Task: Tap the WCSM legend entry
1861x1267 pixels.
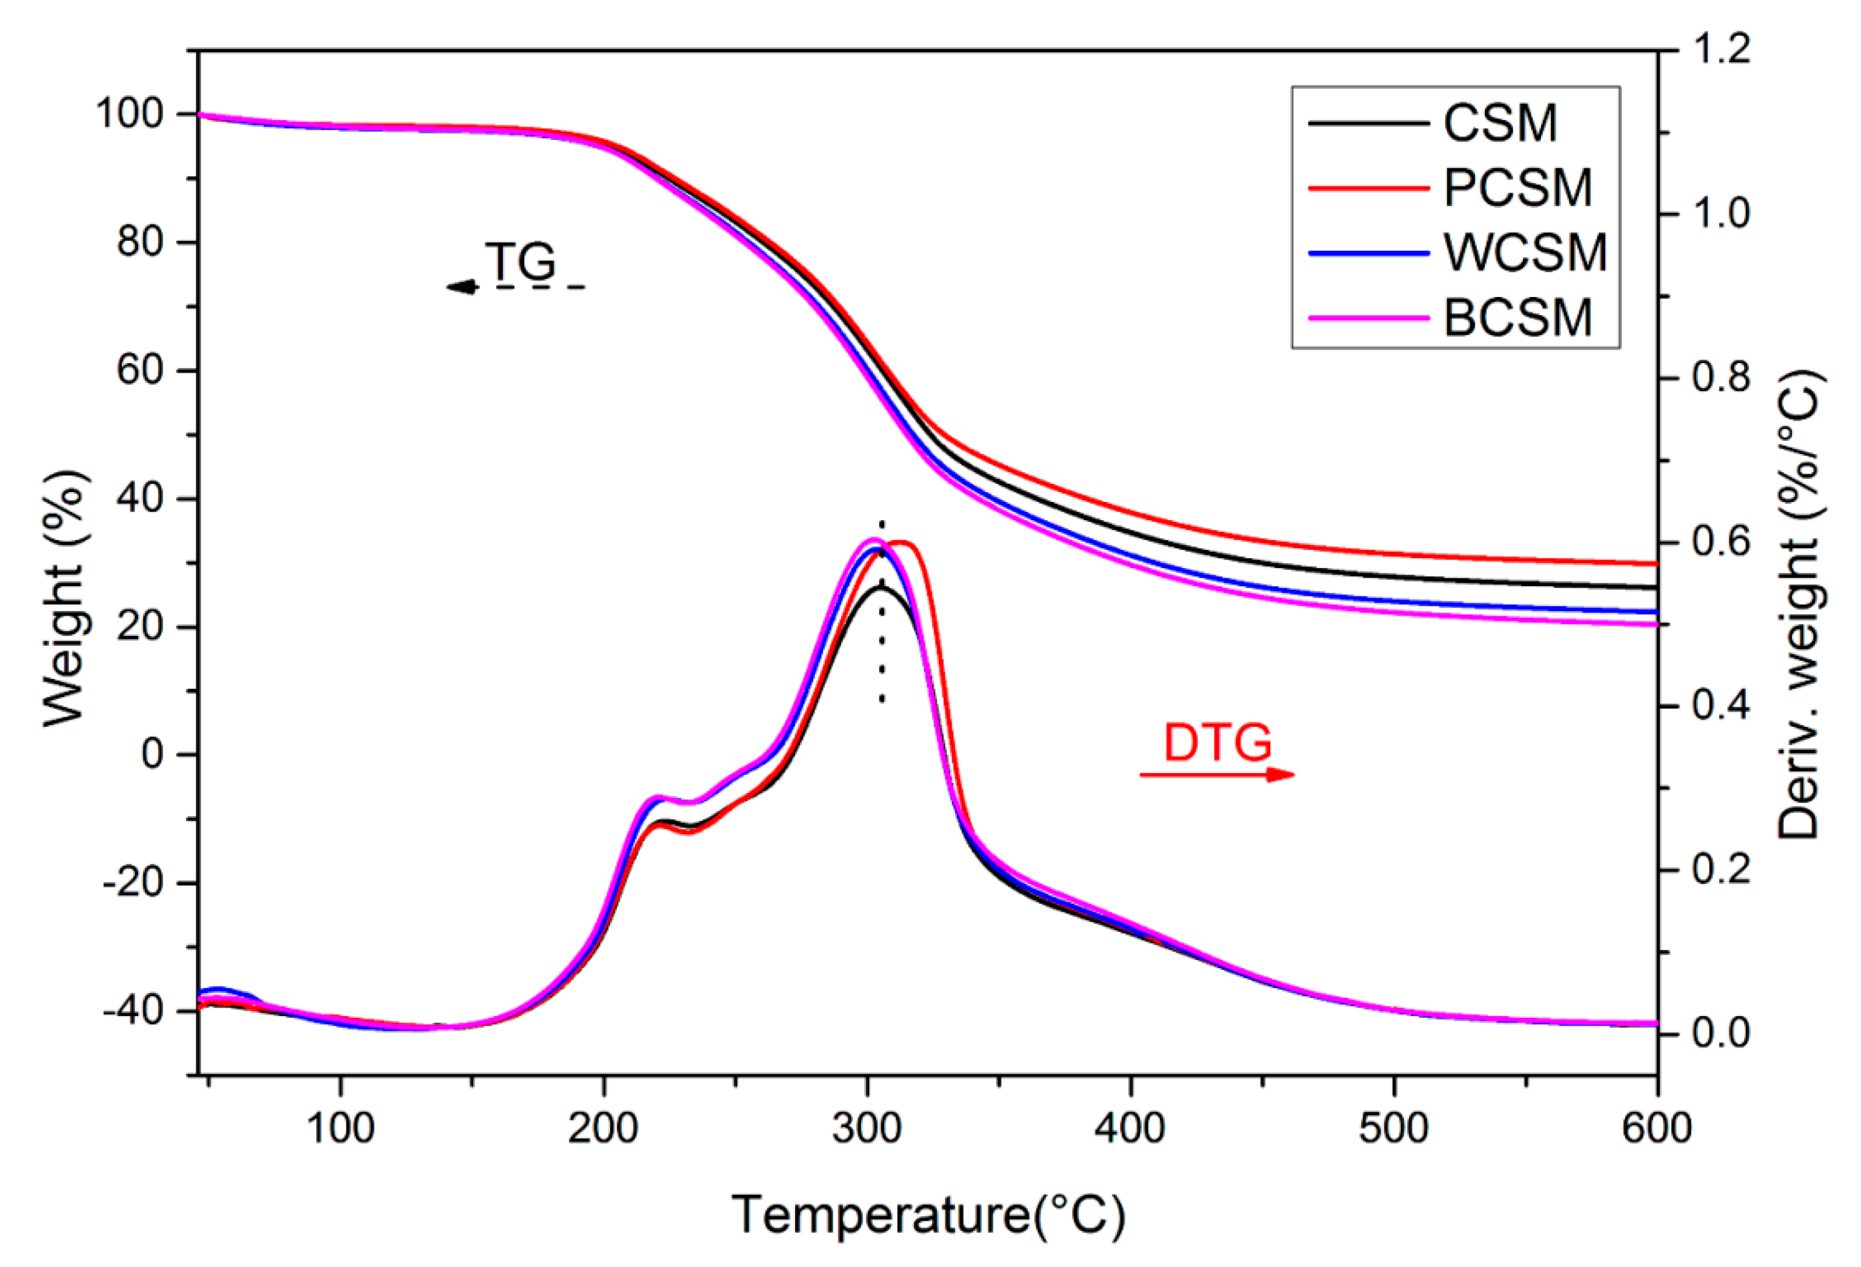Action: pyautogui.click(x=1525, y=253)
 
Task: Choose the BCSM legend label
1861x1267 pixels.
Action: pyautogui.click(x=1517, y=318)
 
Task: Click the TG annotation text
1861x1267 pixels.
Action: pyautogui.click(x=521, y=261)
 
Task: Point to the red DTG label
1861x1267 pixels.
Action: pyautogui.click(x=1217, y=743)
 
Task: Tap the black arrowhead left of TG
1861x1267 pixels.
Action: pyautogui.click(x=462, y=287)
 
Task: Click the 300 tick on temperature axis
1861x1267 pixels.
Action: pyautogui.click(x=867, y=1128)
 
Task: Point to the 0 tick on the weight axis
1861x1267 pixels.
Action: pyautogui.click(x=152, y=754)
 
